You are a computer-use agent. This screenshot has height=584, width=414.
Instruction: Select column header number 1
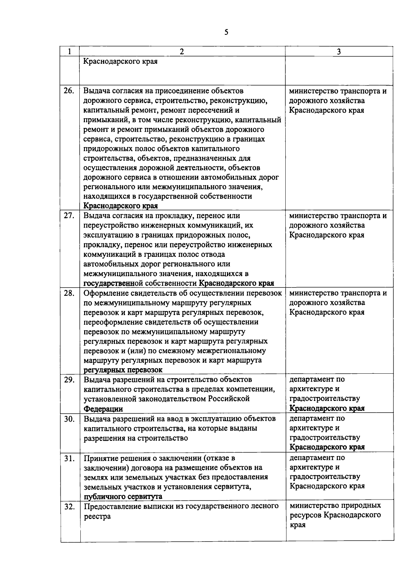pos(70,51)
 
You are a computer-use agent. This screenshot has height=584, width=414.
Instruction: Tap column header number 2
pos(182,51)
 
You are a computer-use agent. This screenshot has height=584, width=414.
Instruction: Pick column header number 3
pos(339,51)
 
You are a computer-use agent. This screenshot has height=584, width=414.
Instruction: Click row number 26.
pos(69,91)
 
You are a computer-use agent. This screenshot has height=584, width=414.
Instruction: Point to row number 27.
pos(69,216)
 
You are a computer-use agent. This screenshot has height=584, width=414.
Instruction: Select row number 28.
pos(69,294)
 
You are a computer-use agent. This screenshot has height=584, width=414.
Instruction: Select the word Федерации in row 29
pos(103,409)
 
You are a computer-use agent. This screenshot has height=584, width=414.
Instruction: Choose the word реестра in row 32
pos(97,517)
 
